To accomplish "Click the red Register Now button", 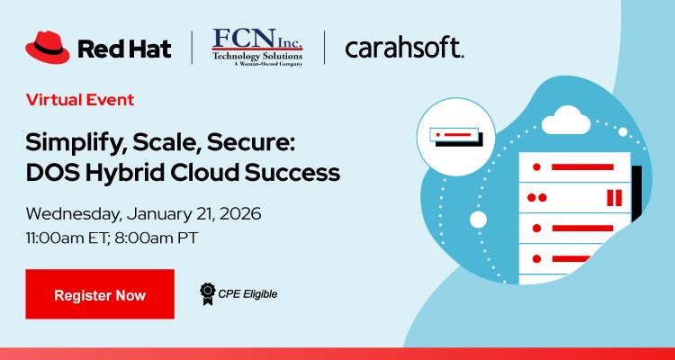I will pyautogui.click(x=100, y=294).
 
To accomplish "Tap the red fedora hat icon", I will pyautogui.click(x=48, y=48).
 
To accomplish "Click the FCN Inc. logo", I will pyautogui.click(x=257, y=47).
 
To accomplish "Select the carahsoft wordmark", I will pyautogui.click(x=404, y=48).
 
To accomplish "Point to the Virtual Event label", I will pyautogui.click(x=80, y=99).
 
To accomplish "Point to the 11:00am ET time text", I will pyautogui.click(x=71, y=239).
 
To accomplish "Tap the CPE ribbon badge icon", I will pyautogui.click(x=207, y=292).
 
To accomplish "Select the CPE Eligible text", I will pyautogui.click(x=247, y=293).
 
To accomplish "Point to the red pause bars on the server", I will pyautogui.click(x=615, y=197).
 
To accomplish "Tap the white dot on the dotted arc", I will pyautogui.click(x=479, y=219).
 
